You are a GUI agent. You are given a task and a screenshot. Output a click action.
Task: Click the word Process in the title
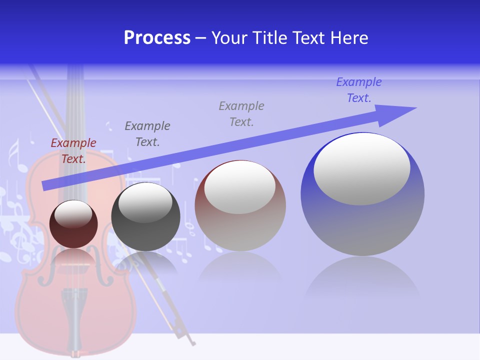157,38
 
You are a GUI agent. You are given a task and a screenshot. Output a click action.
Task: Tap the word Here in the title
348,38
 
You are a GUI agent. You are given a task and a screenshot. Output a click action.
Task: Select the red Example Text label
73,151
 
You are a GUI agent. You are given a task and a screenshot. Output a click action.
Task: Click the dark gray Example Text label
147,134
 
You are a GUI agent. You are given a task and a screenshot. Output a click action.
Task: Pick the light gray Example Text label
241,114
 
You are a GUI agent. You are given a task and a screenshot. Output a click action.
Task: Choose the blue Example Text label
359,90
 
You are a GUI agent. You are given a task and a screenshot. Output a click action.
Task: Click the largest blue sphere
362,225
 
